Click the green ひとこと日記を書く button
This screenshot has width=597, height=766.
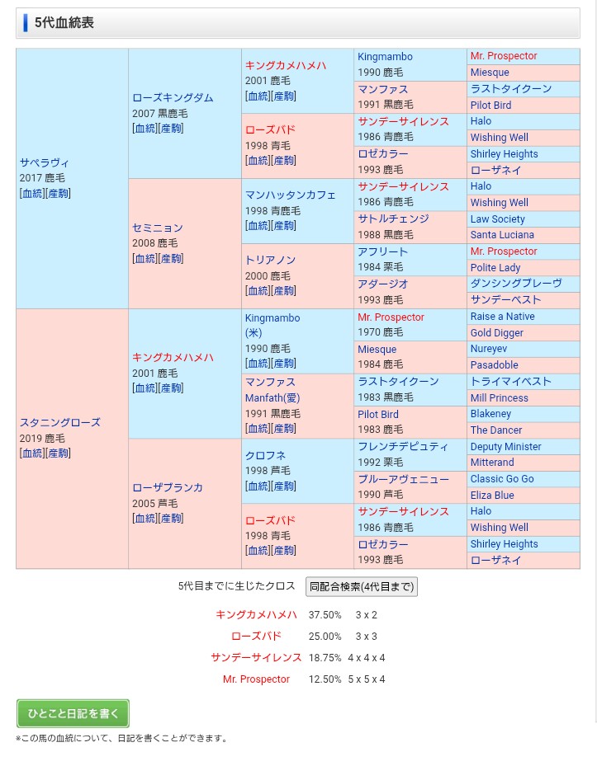(x=73, y=713)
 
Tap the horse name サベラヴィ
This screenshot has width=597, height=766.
(x=45, y=162)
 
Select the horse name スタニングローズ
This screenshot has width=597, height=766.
(x=59, y=422)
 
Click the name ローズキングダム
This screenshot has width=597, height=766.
(x=173, y=97)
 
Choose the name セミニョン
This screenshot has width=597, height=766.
(x=158, y=228)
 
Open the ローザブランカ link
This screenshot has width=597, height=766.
(x=168, y=487)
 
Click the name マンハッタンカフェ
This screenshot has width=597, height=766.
(x=290, y=195)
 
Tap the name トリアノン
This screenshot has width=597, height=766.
(x=270, y=260)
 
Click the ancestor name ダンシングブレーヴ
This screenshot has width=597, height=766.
(x=515, y=284)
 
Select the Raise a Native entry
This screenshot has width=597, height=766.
(x=502, y=317)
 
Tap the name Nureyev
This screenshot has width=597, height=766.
(x=489, y=349)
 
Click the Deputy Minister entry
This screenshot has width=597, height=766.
(x=505, y=447)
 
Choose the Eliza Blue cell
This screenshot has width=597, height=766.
(x=492, y=496)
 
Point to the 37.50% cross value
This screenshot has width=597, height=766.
(x=325, y=615)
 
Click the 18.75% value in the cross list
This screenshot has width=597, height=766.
(x=325, y=658)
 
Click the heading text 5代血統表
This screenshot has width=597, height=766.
(x=64, y=22)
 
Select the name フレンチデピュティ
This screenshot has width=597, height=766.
(x=403, y=447)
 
